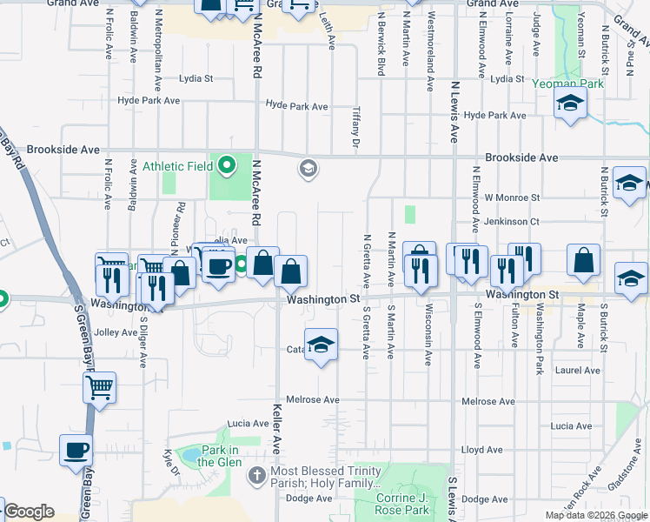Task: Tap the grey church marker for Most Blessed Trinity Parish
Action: pyautogui.click(x=255, y=475)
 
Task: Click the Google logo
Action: pyautogui.click(x=28, y=512)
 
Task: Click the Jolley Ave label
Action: pyautogui.click(x=116, y=332)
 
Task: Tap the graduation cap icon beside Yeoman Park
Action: pyautogui.click(x=570, y=104)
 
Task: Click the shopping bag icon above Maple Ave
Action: pyautogui.click(x=584, y=259)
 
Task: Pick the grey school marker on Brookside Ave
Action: pyautogui.click(x=307, y=168)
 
